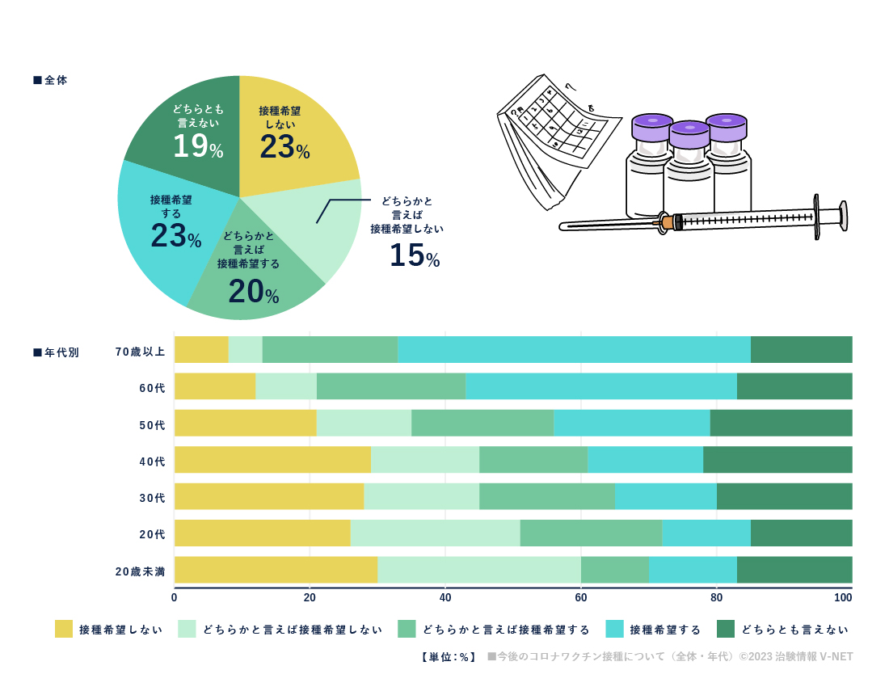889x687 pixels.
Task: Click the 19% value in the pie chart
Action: pyautogui.click(x=197, y=146)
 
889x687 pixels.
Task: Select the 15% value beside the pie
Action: pyautogui.click(x=414, y=255)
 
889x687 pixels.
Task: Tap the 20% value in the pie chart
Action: pyautogui.click(x=253, y=291)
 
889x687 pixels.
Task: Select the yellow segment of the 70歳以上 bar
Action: pyautogui.click(x=201, y=349)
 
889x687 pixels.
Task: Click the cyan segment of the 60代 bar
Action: pyautogui.click(x=601, y=386)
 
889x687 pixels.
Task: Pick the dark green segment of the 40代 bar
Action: pyautogui.click(x=777, y=459)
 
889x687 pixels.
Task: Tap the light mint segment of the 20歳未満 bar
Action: pyautogui.click(x=479, y=570)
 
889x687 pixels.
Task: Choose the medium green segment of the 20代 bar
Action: pyautogui.click(x=591, y=533)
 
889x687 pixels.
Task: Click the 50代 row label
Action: pyautogui.click(x=152, y=424)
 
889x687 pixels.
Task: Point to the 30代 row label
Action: pyautogui.click(x=152, y=498)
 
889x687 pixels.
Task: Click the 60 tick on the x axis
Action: pyautogui.click(x=581, y=598)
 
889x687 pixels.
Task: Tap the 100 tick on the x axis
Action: pyautogui.click(x=844, y=598)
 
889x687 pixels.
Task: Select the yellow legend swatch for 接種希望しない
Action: pyautogui.click(x=64, y=629)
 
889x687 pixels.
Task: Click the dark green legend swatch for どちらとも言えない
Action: pyautogui.click(x=726, y=629)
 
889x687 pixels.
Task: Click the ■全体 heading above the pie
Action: pyautogui.click(x=50, y=80)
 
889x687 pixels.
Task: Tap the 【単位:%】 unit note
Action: pyautogui.click(x=449, y=657)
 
